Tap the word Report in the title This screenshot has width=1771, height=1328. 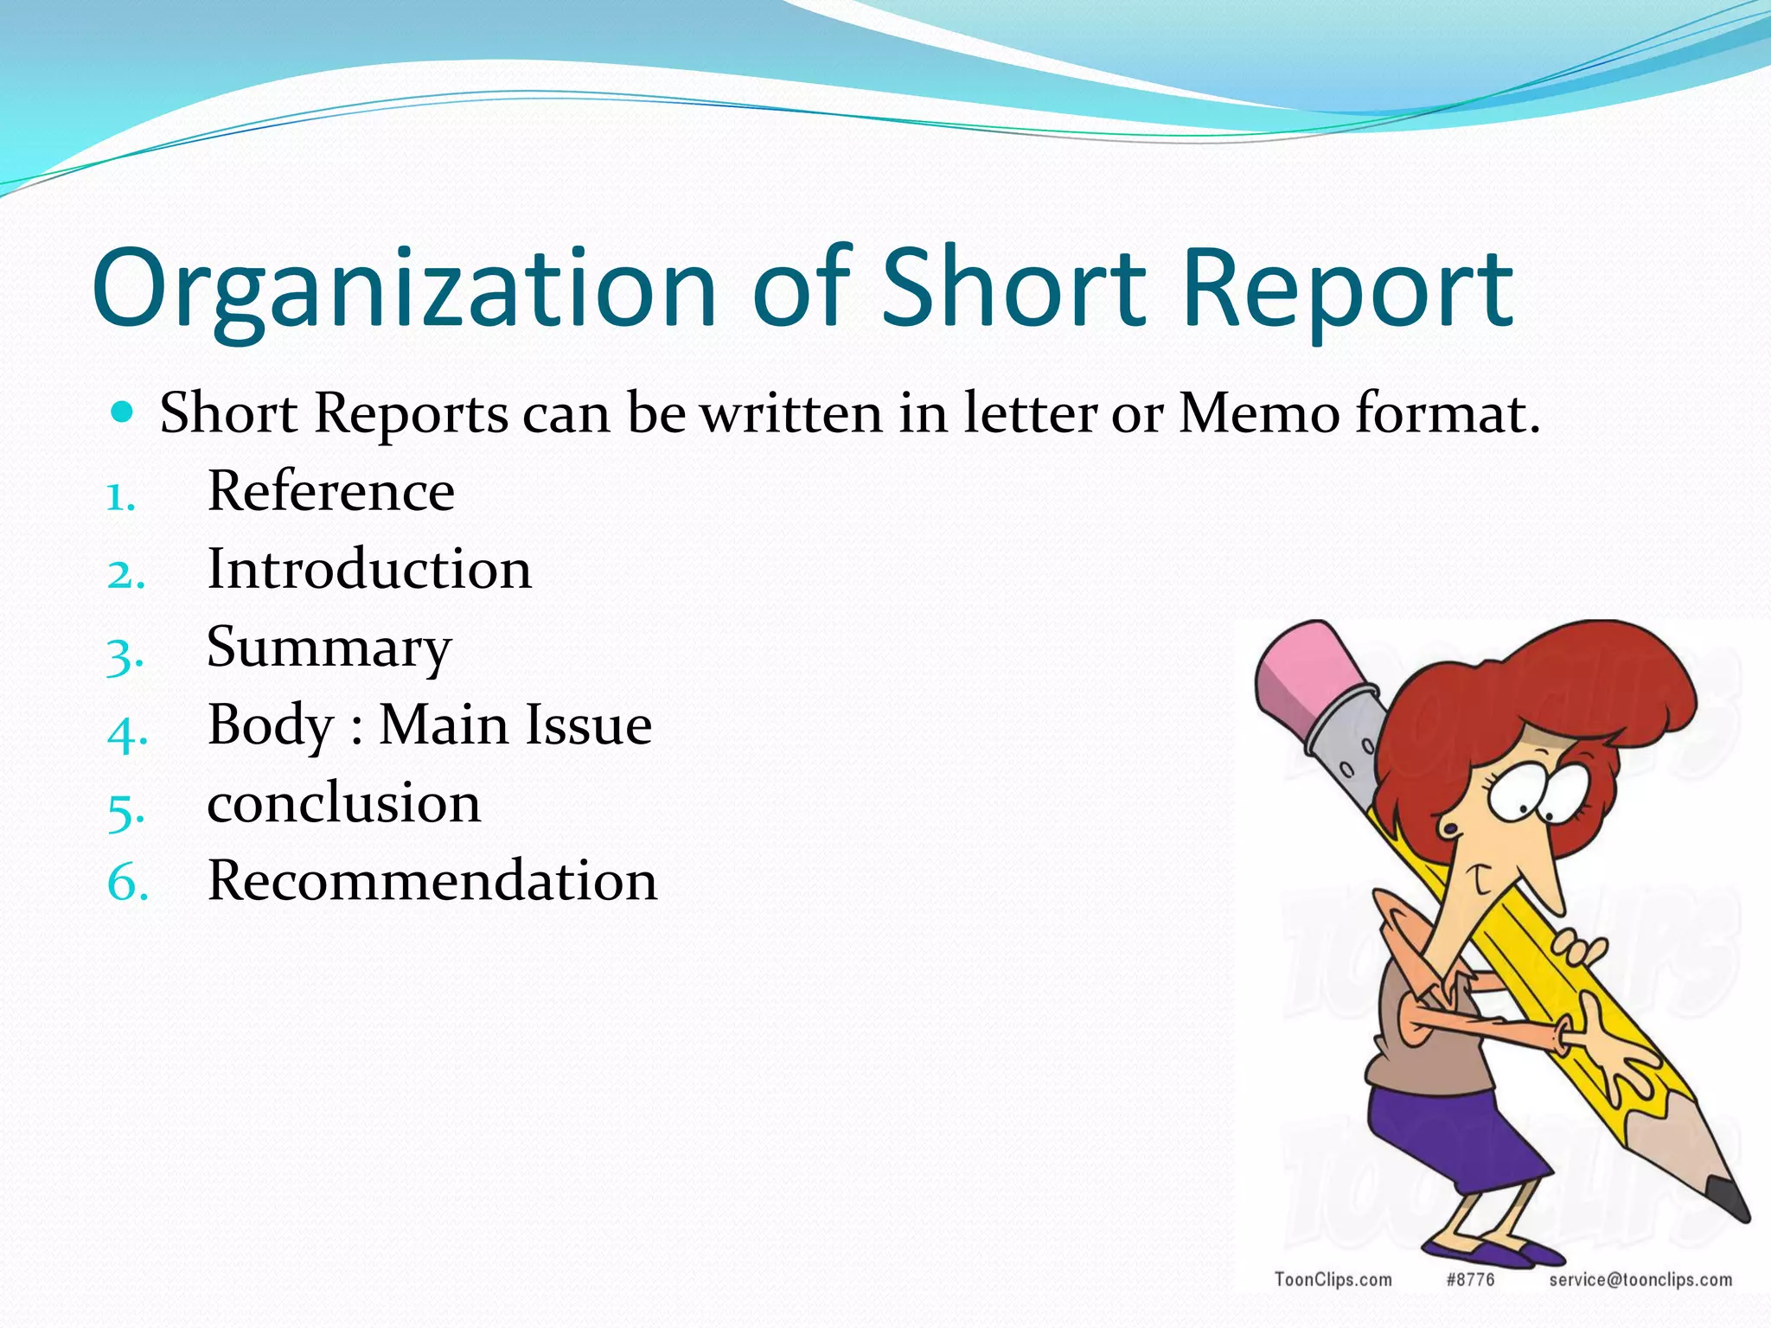pyautogui.click(x=1347, y=290)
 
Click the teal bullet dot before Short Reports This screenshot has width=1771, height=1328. pyautogui.click(x=123, y=412)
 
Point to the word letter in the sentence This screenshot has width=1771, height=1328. pyautogui.click(x=1030, y=412)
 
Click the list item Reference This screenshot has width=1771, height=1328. pyautogui.click(x=330, y=491)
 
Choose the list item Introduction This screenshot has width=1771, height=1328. pyautogui.click(x=369, y=570)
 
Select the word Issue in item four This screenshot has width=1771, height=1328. pyautogui.click(x=589, y=725)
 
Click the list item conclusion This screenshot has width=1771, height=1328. pyautogui.click(x=343, y=803)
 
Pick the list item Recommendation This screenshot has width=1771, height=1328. pyautogui.click(x=432, y=881)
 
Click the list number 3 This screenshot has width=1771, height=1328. pyautogui.click(x=125, y=655)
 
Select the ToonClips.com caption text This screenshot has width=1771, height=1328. pyautogui.click(x=1333, y=1280)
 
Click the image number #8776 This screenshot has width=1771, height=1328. pyautogui.click(x=1470, y=1280)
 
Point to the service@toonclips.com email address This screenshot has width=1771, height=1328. pyautogui.click(x=1640, y=1280)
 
